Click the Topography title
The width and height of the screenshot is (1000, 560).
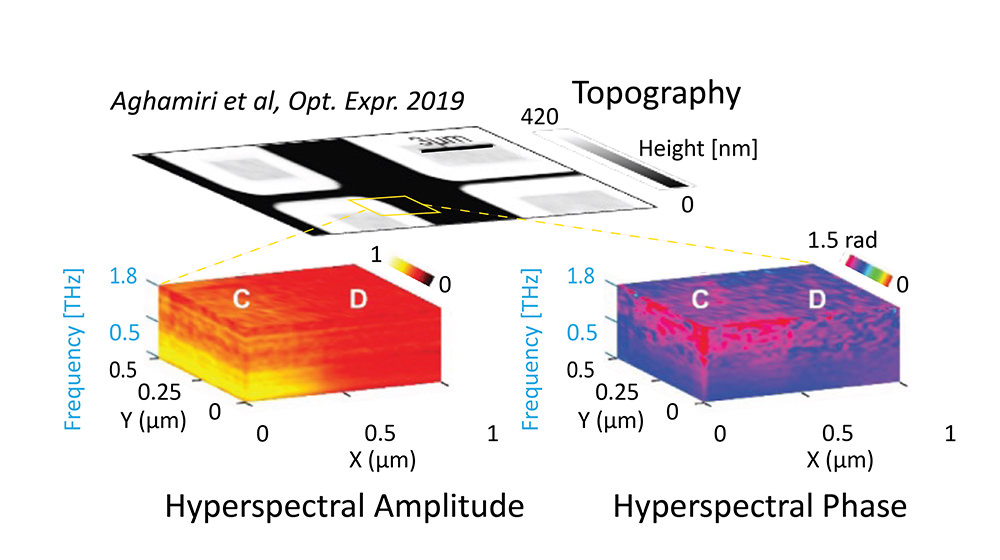[656, 94]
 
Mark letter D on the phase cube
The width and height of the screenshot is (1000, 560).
[817, 298]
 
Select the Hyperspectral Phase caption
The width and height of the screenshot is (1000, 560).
[760, 507]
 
